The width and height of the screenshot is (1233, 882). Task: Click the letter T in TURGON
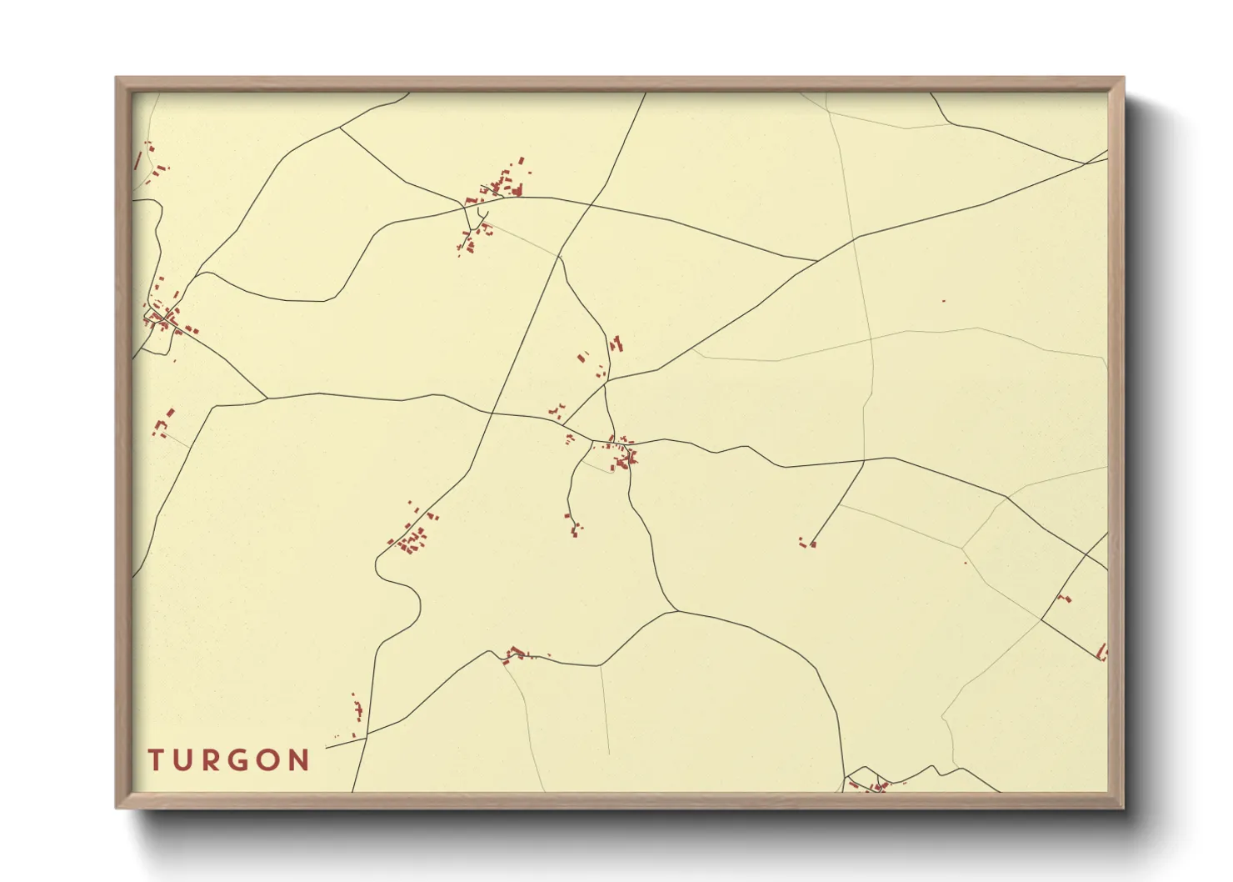click(156, 760)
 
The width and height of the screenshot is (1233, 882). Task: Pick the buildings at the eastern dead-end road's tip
click(807, 544)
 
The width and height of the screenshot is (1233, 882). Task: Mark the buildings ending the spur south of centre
click(573, 525)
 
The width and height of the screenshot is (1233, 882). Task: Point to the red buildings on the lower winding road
click(516, 653)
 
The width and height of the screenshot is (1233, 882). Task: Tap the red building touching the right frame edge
click(1103, 651)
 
